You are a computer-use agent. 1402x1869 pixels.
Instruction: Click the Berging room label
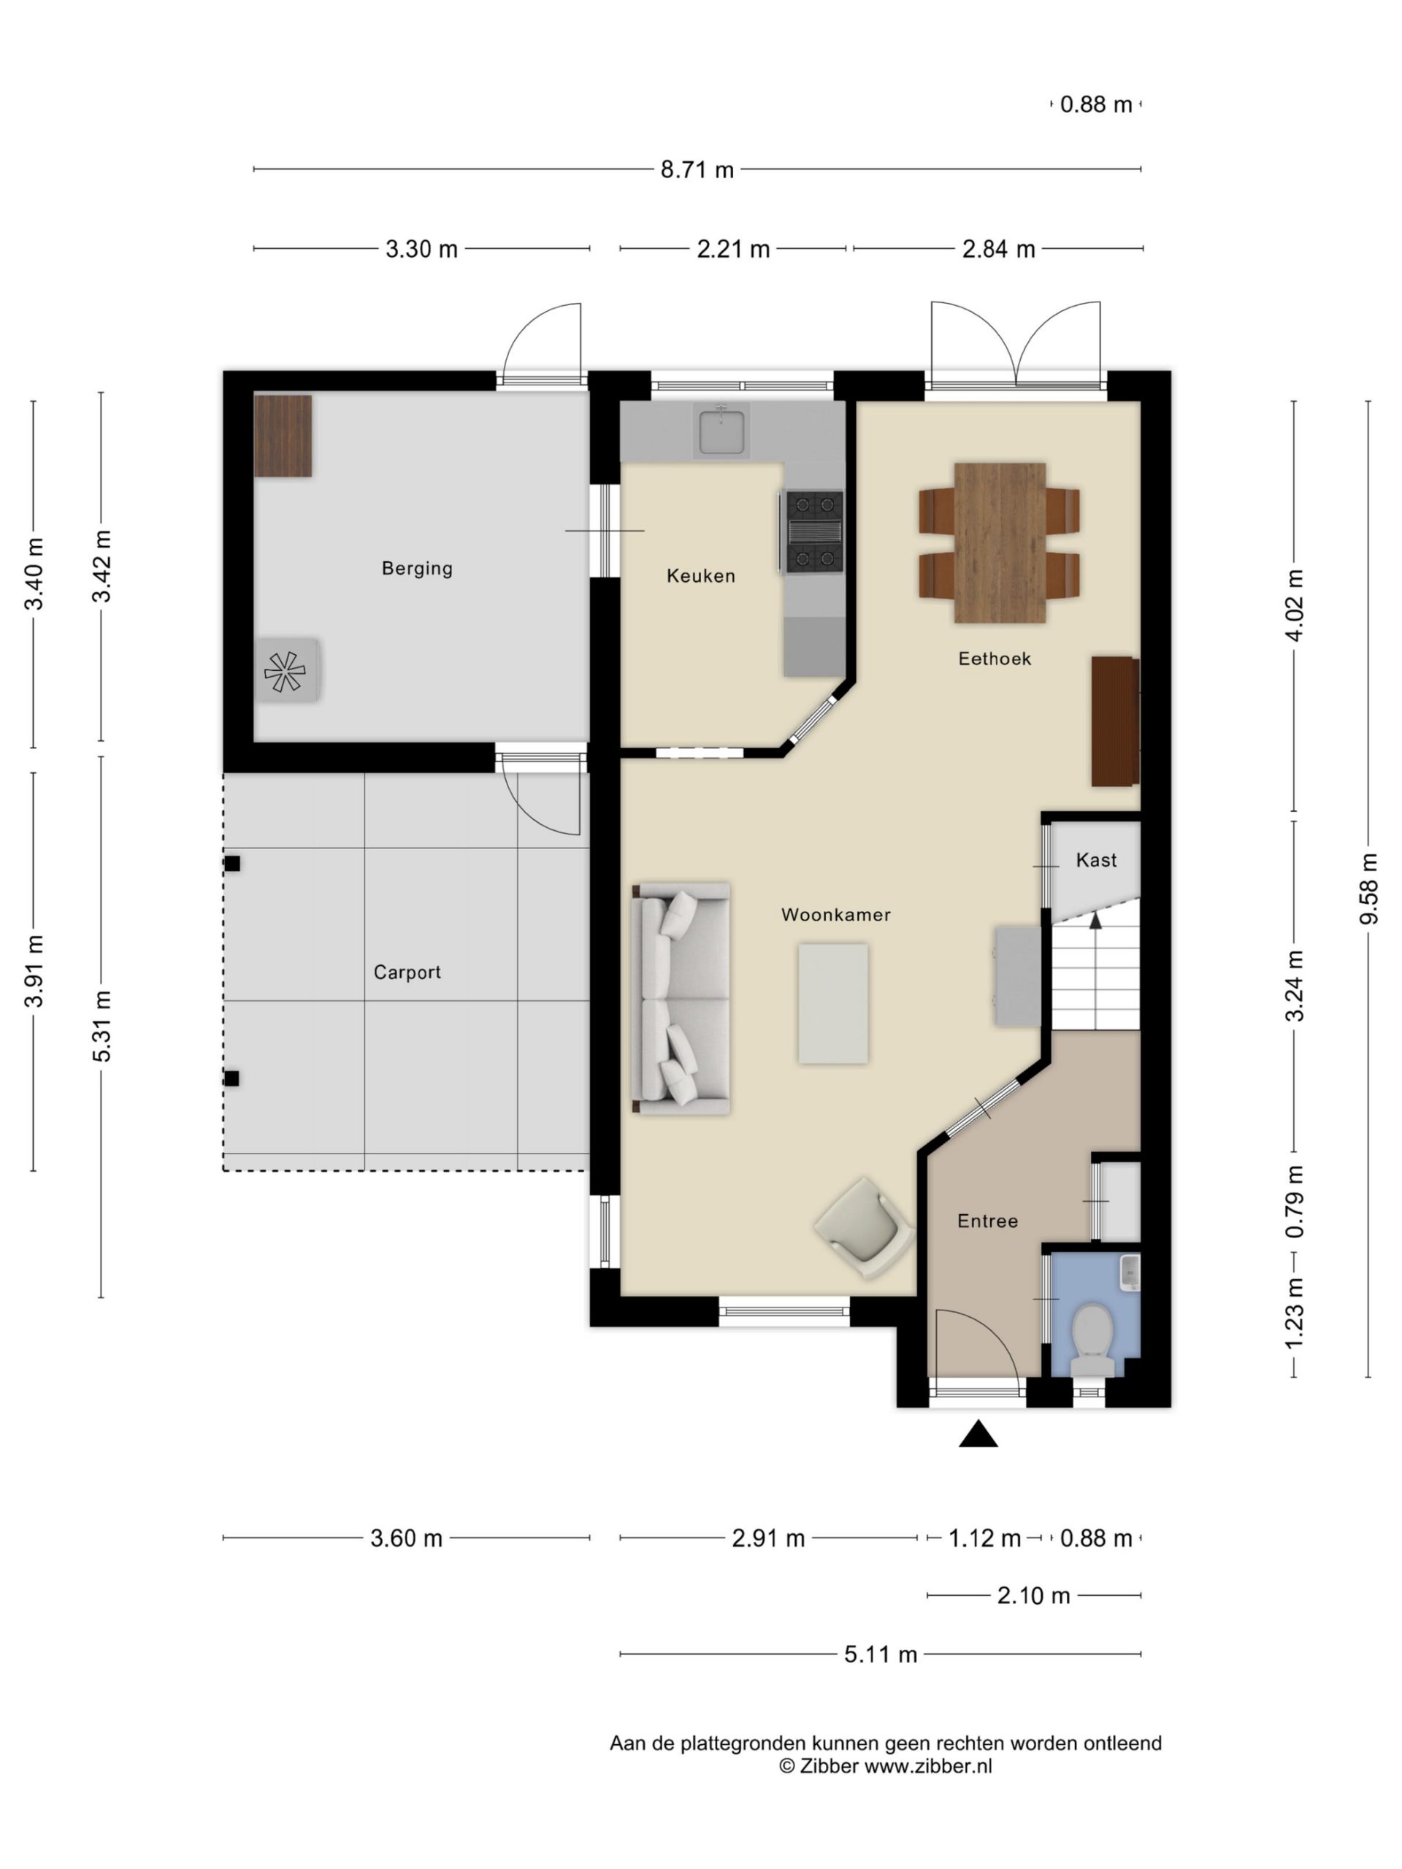[417, 569]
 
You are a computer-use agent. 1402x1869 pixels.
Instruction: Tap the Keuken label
[700, 576]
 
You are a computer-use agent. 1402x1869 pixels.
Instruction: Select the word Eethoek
[995, 659]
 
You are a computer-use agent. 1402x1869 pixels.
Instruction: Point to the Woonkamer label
[836, 914]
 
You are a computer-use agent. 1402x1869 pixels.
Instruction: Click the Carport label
[407, 972]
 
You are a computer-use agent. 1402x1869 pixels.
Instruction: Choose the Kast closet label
[1096, 860]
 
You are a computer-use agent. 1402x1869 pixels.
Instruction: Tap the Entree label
[987, 1221]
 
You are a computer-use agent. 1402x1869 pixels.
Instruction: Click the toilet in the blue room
[1092, 1339]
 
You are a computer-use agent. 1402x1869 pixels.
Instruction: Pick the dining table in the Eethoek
[1000, 542]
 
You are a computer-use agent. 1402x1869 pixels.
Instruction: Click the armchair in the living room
[864, 1228]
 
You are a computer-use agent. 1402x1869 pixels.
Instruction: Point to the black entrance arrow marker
[978, 1434]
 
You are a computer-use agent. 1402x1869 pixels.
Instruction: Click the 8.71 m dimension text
[697, 170]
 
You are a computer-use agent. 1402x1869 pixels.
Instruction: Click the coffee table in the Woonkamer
[833, 1004]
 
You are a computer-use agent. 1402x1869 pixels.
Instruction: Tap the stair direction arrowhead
[1096, 920]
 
